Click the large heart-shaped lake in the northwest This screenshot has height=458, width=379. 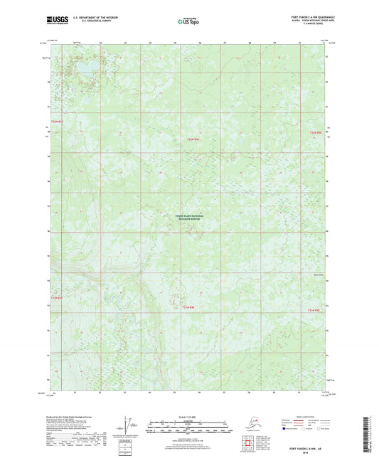point(90,67)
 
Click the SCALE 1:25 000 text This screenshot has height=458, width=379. point(188,417)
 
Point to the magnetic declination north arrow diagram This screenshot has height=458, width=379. point(130,426)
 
